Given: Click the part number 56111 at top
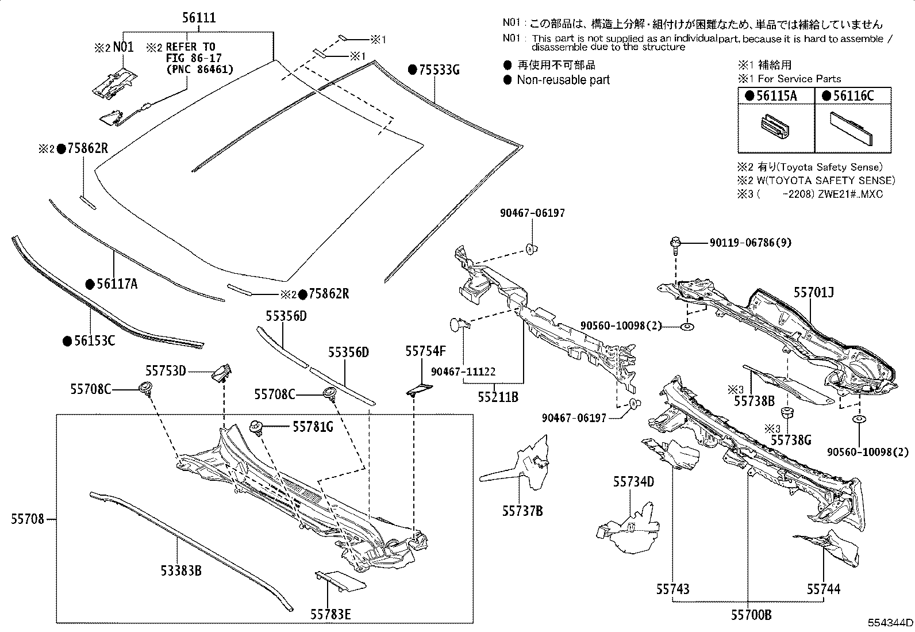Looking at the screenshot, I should click(199, 18).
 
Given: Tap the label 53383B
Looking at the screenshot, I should click(181, 570).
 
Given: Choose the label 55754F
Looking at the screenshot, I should click(425, 351).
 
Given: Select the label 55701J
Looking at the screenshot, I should click(813, 292).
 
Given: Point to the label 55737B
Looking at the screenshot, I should click(522, 511).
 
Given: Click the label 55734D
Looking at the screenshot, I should click(633, 482).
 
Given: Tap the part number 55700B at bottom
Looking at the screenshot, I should click(751, 615).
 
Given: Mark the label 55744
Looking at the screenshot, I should click(823, 589).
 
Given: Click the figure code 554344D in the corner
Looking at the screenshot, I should click(890, 623).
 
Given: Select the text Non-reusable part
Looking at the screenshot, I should click(563, 80).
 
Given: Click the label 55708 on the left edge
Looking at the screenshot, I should click(27, 519).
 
